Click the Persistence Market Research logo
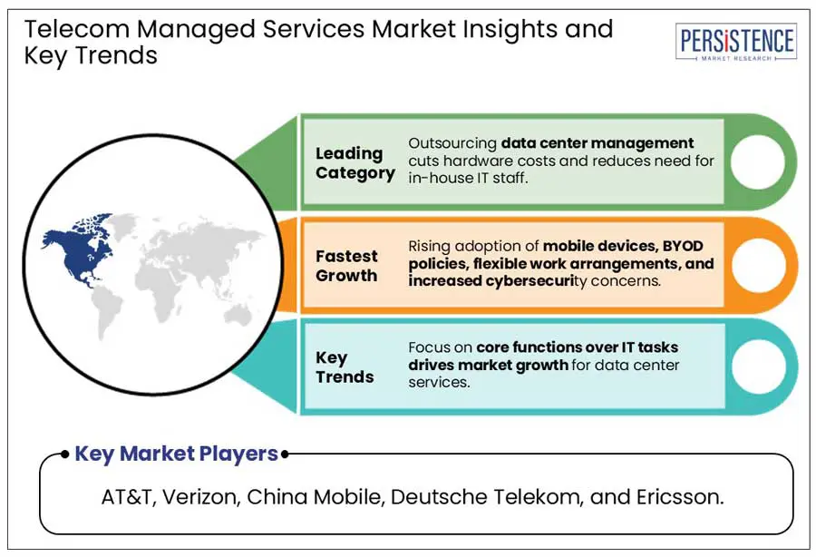(x=736, y=42)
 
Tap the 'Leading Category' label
(x=355, y=163)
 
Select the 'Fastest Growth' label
(x=346, y=266)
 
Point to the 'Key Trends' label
(x=345, y=367)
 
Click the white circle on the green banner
(x=758, y=161)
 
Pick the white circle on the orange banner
(x=758, y=265)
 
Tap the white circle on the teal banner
(x=759, y=366)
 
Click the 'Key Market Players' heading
(x=177, y=454)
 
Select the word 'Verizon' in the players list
(x=201, y=497)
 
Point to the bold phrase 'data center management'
(x=597, y=143)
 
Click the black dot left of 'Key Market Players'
(x=64, y=454)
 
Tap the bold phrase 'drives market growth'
(x=488, y=365)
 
